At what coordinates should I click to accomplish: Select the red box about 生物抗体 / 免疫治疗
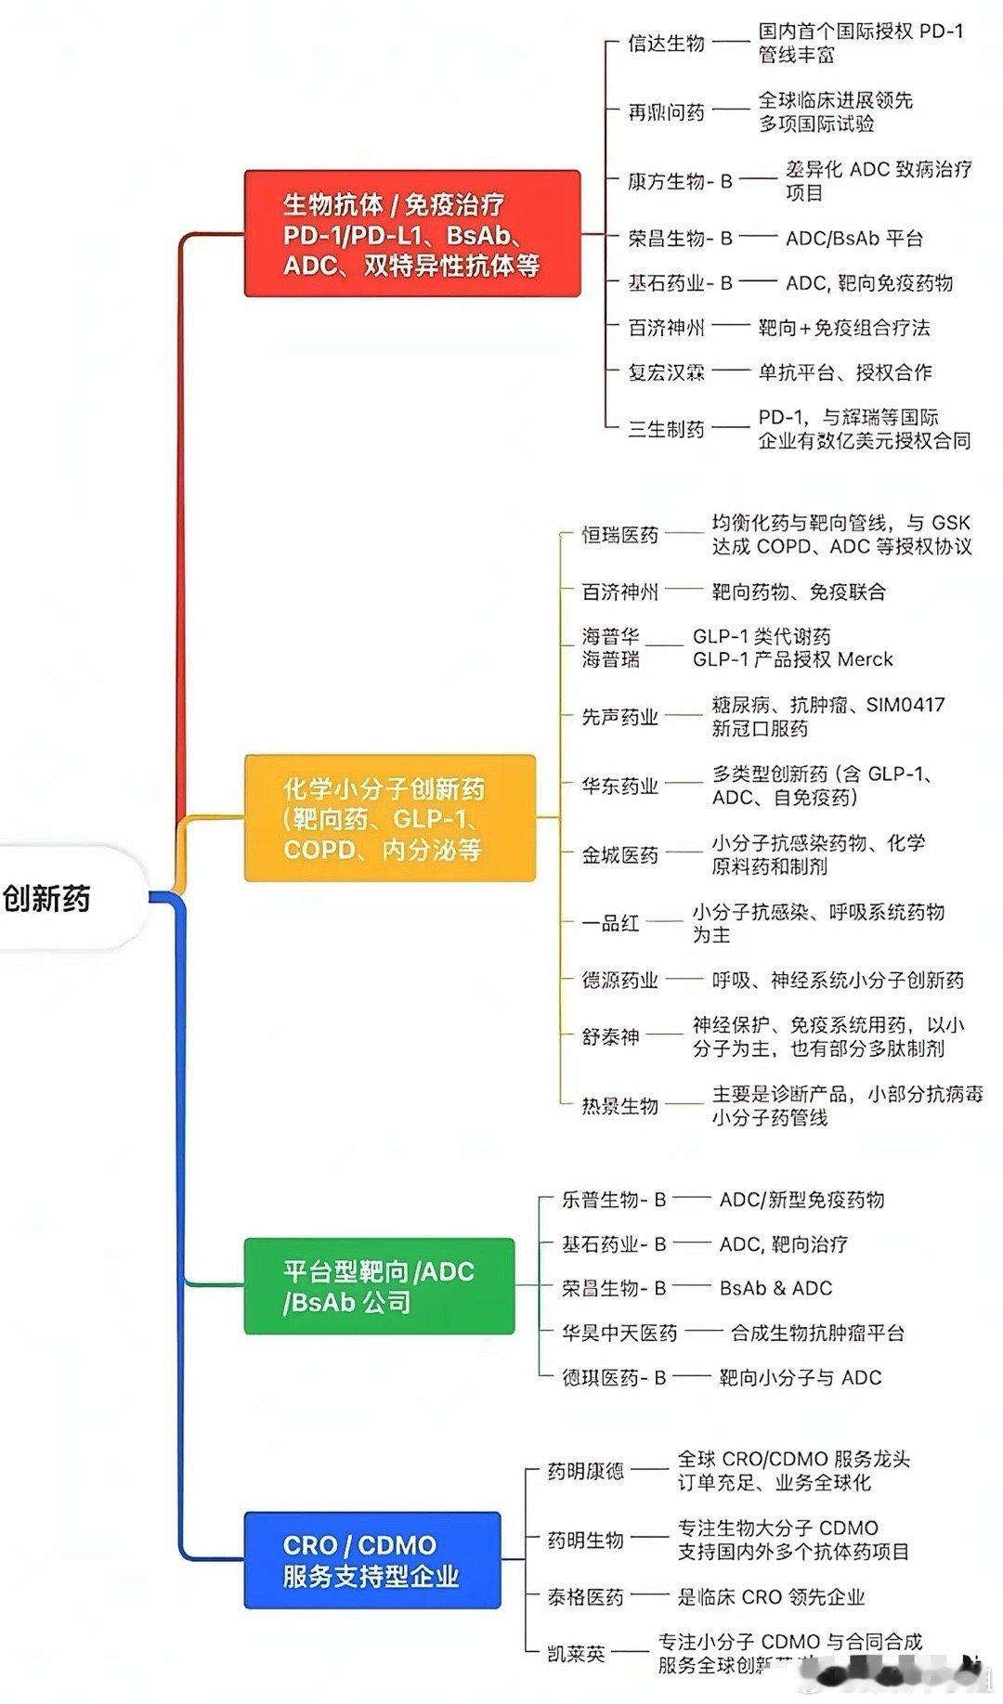411,234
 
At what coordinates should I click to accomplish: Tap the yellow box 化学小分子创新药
390,818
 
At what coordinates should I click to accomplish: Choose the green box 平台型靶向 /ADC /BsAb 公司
379,1286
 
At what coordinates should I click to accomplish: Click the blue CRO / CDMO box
371,1560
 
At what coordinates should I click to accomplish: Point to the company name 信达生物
666,43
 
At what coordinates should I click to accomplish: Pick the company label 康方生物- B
680,181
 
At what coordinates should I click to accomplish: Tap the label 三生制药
666,429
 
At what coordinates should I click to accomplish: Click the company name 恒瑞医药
619,535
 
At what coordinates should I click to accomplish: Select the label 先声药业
619,717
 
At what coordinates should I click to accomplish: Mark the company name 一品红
610,923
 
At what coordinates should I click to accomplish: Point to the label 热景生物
619,1106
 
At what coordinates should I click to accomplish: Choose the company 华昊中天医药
619,1333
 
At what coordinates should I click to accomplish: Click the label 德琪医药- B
614,1377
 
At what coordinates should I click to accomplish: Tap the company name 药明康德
585,1471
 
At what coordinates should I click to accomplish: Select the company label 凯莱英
576,1653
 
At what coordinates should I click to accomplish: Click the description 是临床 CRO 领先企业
771,1596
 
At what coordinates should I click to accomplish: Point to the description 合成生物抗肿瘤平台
817,1333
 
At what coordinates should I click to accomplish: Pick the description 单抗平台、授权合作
845,372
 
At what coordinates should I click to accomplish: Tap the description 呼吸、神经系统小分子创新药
838,980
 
